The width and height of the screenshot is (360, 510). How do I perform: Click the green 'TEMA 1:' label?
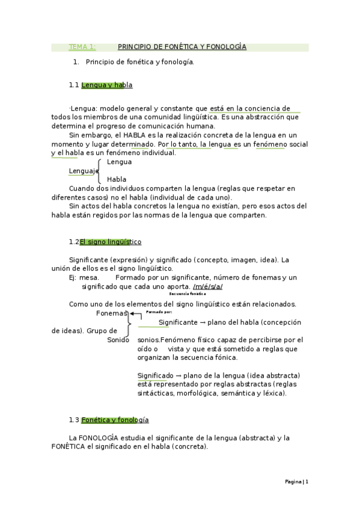(82, 47)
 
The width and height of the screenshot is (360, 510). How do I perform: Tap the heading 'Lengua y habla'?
(106, 85)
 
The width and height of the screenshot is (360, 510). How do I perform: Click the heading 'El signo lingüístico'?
(111, 242)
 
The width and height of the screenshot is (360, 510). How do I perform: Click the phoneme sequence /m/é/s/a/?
(207, 286)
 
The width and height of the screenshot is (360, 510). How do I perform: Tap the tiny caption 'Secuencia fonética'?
(188, 294)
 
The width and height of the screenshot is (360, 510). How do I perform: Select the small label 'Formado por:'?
(159, 313)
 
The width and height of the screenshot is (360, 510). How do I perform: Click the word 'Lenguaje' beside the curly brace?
(83, 171)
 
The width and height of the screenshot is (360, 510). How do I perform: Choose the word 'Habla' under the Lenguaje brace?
(117, 180)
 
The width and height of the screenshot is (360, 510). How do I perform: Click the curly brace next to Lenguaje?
(102, 171)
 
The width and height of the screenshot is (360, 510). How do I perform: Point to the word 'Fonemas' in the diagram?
(112, 313)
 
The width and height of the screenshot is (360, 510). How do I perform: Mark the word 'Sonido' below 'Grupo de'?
(118, 340)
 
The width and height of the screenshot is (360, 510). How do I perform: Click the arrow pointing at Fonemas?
(136, 314)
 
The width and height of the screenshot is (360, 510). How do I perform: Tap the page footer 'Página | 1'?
(296, 482)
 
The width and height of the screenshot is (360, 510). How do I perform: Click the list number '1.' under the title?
(76, 62)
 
